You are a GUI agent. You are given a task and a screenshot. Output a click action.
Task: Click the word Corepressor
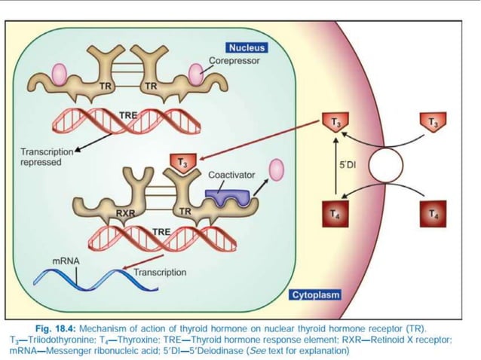click(234, 60)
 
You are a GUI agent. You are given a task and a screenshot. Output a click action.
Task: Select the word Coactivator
click(231, 175)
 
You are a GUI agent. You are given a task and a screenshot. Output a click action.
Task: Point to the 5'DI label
click(348, 163)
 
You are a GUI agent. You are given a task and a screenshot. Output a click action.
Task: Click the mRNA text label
click(66, 261)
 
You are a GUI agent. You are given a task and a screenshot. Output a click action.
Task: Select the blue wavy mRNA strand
click(75, 281)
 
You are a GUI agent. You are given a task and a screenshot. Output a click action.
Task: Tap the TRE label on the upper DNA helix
click(127, 114)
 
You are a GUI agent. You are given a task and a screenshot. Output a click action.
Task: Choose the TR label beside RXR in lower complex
click(185, 209)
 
